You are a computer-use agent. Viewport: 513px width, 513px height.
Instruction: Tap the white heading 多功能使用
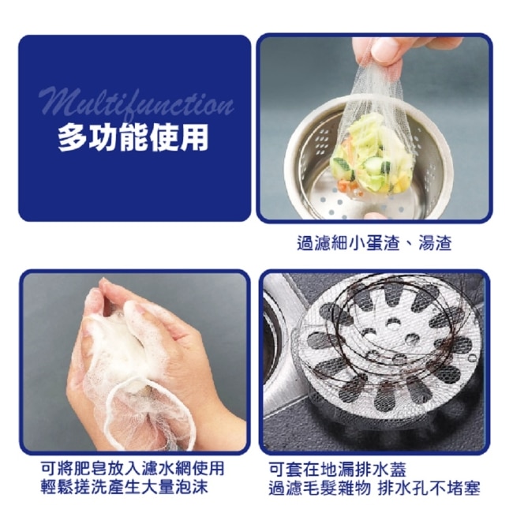coord(133,138)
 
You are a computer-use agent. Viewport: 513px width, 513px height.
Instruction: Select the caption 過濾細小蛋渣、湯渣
coord(374,243)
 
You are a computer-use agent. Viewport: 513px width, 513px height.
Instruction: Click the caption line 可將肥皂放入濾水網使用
coord(133,468)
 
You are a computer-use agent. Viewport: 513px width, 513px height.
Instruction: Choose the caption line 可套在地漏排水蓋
coord(337,470)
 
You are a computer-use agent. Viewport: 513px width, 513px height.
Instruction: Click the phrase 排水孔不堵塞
coord(429,489)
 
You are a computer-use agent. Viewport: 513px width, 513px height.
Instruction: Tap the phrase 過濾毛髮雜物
coord(320,489)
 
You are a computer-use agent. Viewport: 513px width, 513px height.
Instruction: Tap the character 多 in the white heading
coord(73,138)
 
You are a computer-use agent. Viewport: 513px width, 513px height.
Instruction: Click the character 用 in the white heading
coord(194,138)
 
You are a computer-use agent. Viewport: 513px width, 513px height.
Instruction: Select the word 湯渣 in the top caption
coord(435,243)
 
